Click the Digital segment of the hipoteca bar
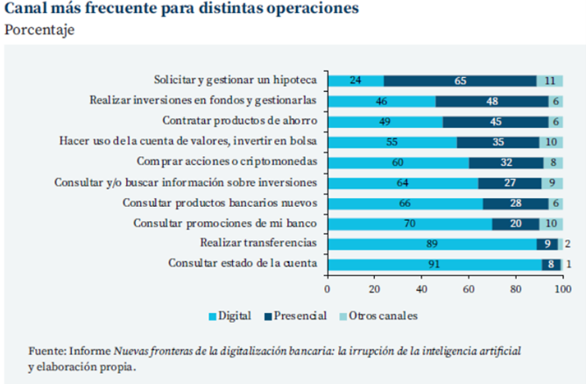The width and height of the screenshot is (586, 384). (x=356, y=81)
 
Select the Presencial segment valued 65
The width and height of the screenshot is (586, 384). (x=460, y=81)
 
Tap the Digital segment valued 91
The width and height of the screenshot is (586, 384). (x=434, y=263)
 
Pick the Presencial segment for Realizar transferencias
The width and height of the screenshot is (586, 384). (x=547, y=243)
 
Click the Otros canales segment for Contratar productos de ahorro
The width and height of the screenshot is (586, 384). (x=555, y=121)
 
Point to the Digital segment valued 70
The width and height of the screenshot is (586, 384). (x=409, y=223)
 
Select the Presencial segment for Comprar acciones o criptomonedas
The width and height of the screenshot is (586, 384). (x=505, y=161)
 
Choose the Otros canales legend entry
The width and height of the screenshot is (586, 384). (x=381, y=315)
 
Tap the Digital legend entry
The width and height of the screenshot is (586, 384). (x=234, y=315)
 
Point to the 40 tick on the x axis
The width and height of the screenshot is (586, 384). (x=421, y=288)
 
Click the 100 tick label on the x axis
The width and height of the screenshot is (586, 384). (x=562, y=288)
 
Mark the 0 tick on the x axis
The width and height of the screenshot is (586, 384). (x=328, y=288)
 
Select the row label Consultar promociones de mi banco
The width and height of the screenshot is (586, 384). (x=224, y=223)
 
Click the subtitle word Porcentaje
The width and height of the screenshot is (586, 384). (x=39, y=30)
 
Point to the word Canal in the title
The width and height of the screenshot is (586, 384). (x=25, y=11)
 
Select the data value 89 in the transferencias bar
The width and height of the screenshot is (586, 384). (x=432, y=243)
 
